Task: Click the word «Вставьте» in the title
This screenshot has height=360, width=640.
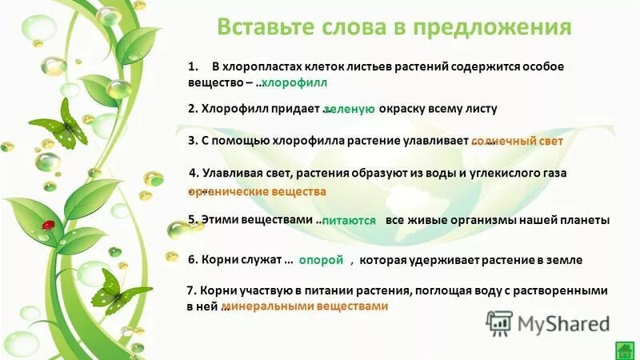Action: pos(263,27)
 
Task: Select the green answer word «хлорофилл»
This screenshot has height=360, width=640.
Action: pos(295,83)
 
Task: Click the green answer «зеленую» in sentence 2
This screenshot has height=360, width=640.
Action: pos(350,110)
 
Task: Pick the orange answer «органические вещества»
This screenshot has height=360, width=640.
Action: pos(258,192)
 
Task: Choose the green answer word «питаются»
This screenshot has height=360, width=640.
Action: pos(349,220)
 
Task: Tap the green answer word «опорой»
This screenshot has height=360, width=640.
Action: pos(326,260)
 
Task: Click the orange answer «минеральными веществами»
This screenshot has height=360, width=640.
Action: pos(305,306)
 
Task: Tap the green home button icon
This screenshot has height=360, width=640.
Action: pos(625,350)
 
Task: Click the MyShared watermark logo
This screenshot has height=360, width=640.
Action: pos(548,323)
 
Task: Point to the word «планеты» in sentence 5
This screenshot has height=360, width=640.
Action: pos(587,220)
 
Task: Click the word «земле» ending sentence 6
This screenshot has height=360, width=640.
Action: pos(565,260)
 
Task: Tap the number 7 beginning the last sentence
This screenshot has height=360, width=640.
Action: pos(190,290)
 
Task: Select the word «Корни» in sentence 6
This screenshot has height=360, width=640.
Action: pos(218,260)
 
